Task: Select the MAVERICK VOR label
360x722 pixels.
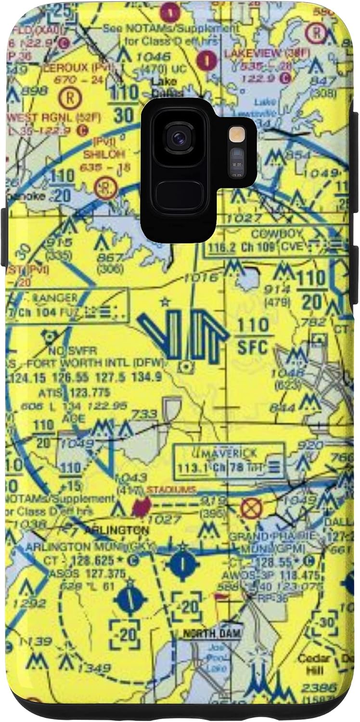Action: coord(231,453)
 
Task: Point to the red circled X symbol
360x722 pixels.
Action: coord(249,508)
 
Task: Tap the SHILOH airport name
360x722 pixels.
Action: coord(104,154)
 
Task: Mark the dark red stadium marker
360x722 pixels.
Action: coord(141,507)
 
